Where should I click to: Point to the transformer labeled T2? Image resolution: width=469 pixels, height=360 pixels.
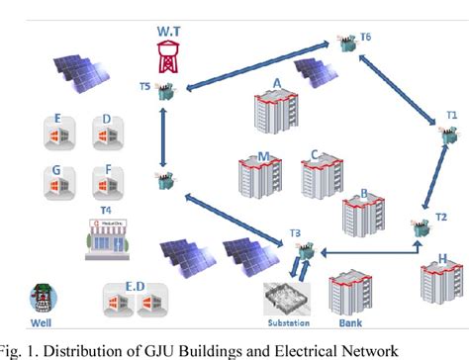point(421,226)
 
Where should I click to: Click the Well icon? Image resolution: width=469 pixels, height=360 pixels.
point(41,296)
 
